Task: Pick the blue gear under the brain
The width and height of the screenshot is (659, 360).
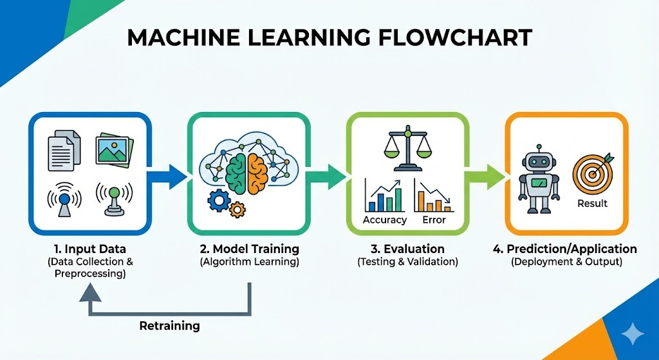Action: click(x=218, y=201)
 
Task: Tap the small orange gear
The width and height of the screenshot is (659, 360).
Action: click(x=237, y=209)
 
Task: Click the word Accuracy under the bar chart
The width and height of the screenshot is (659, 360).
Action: click(x=385, y=220)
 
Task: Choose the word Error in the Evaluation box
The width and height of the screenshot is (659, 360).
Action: click(x=434, y=220)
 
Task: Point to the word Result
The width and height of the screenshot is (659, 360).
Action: click(x=593, y=204)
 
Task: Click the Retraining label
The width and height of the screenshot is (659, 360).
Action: click(x=170, y=326)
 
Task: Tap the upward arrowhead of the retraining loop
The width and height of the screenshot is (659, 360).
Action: click(x=89, y=292)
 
